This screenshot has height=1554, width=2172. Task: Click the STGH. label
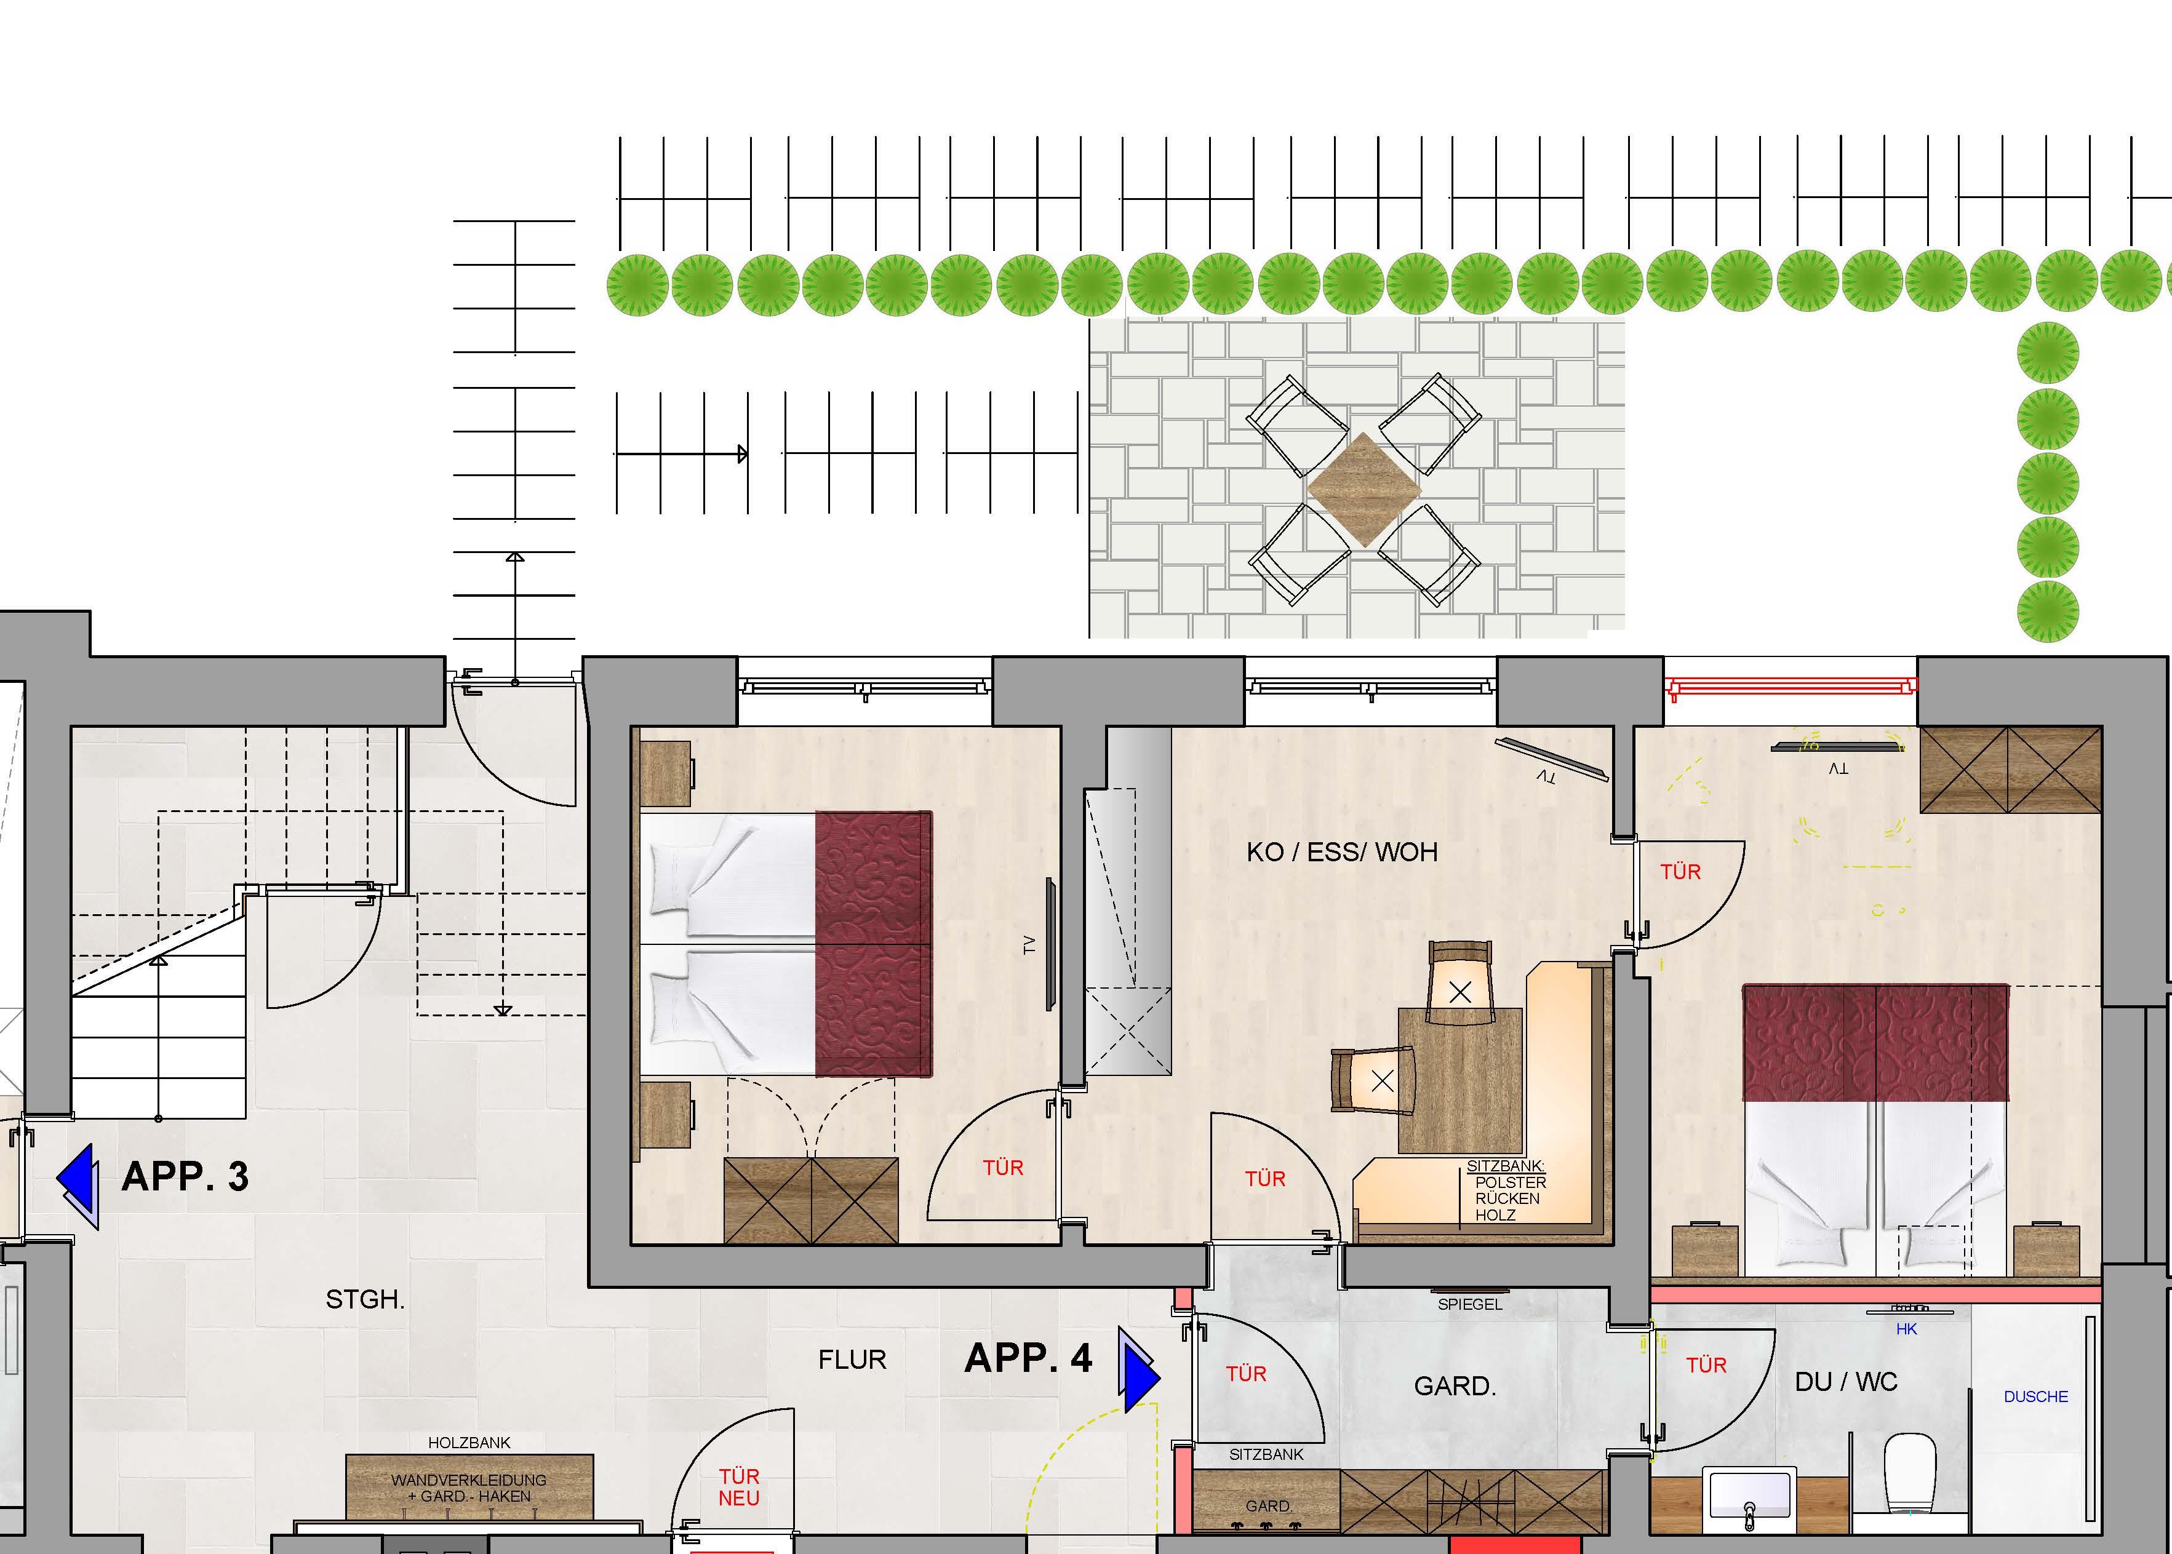tap(364, 1299)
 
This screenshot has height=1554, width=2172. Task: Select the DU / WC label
tap(1846, 1382)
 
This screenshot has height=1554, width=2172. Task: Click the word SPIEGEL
tap(1470, 1304)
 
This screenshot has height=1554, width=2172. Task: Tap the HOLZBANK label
tap(469, 1442)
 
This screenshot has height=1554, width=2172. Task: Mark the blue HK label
tap(1906, 1329)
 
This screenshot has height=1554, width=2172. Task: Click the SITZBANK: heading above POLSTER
tap(1506, 1166)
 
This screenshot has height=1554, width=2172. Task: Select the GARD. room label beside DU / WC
tap(1455, 1385)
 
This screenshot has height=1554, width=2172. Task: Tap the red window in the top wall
tap(1791, 685)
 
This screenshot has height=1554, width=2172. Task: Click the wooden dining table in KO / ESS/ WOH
tap(1460, 1080)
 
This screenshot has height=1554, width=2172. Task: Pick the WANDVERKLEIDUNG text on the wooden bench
tap(469, 1480)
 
